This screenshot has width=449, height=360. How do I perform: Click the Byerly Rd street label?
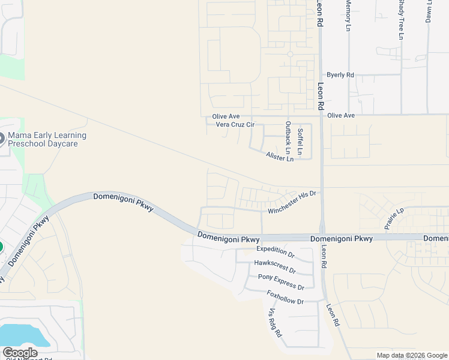click(340, 75)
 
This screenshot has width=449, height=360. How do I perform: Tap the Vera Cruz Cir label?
click(235, 125)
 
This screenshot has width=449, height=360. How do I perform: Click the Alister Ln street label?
click(280, 157)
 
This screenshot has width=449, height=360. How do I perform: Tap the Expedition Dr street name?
click(276, 252)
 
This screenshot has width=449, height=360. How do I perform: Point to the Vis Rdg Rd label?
click(275, 322)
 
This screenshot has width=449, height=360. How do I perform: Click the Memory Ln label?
click(347, 15)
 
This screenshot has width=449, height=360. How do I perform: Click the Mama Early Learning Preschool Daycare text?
click(47, 140)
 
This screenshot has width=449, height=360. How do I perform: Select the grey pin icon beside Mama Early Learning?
click(2, 137)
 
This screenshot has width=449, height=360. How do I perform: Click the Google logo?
click(20, 353)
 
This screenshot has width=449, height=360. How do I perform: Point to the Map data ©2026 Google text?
click(412, 355)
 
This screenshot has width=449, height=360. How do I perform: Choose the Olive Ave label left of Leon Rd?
click(226, 116)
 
